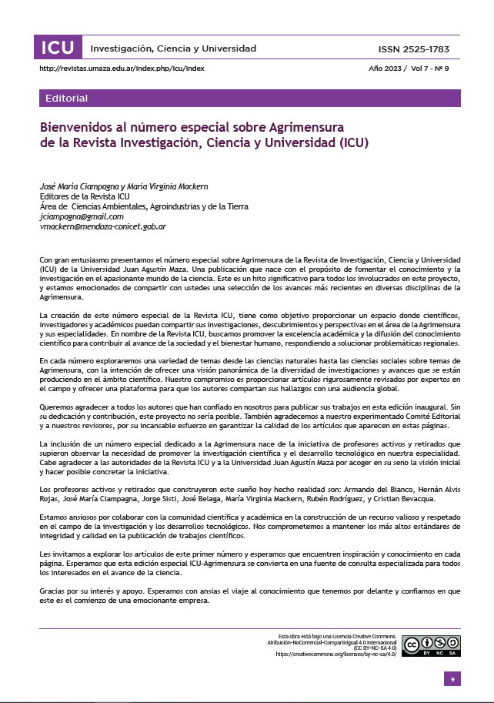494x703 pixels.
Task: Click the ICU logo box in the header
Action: pyautogui.click(x=58, y=48)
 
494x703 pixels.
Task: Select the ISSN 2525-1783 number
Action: pyautogui.click(x=414, y=49)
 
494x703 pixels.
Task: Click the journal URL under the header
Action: pyautogui.click(x=122, y=68)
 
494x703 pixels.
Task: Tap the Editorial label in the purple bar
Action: pyautogui.click(x=67, y=99)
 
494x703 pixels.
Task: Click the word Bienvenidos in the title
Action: pyautogui.click(x=77, y=126)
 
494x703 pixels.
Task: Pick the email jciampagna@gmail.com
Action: pyautogui.click(x=82, y=216)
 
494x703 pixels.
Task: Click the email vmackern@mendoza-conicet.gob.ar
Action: pyautogui.click(x=103, y=226)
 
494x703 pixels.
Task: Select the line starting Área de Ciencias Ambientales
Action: pyautogui.click(x=144, y=206)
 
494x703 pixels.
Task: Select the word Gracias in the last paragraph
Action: pyautogui.click(x=52, y=591)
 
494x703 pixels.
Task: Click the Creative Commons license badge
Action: pyautogui.click(x=431, y=645)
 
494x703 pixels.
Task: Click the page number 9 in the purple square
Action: pyautogui.click(x=452, y=679)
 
